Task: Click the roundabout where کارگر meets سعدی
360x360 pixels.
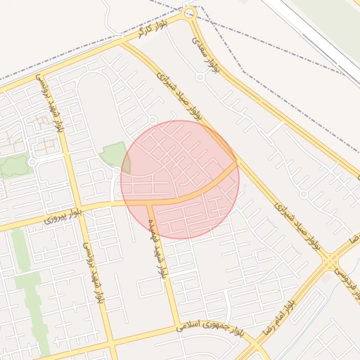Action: (x=188, y=13)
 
